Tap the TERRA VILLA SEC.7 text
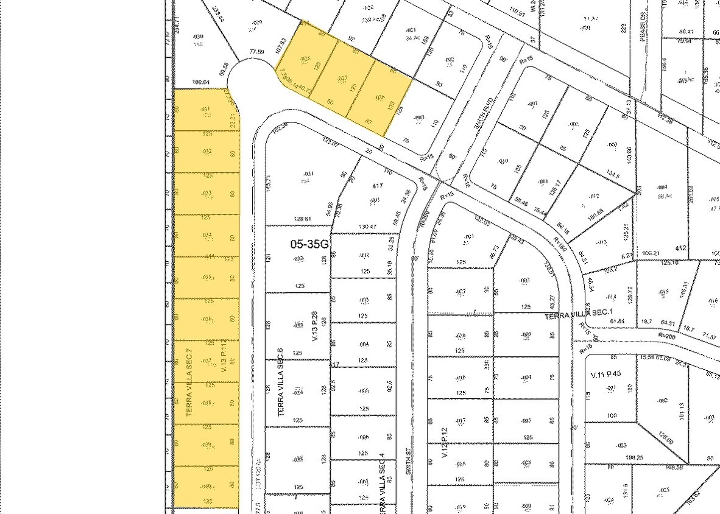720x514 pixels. [x=189, y=382]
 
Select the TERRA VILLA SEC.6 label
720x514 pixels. [x=280, y=382]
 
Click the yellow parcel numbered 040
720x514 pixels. [x=206, y=487]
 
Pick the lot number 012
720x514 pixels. [x=594, y=195]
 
